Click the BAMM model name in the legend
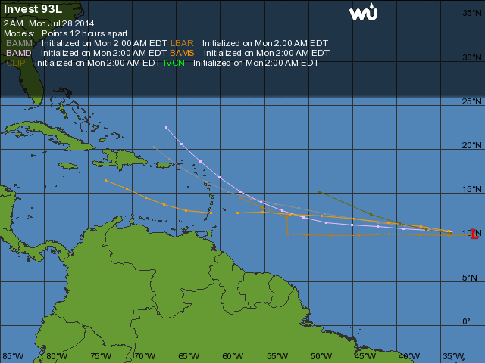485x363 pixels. point(20,44)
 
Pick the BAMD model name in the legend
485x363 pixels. point(19,54)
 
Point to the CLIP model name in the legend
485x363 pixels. point(16,64)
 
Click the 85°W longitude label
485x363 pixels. point(13,356)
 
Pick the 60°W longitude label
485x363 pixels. point(233,356)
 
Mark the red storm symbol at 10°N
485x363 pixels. point(474,234)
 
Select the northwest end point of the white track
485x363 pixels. point(166,127)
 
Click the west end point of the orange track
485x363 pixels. point(105,180)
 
